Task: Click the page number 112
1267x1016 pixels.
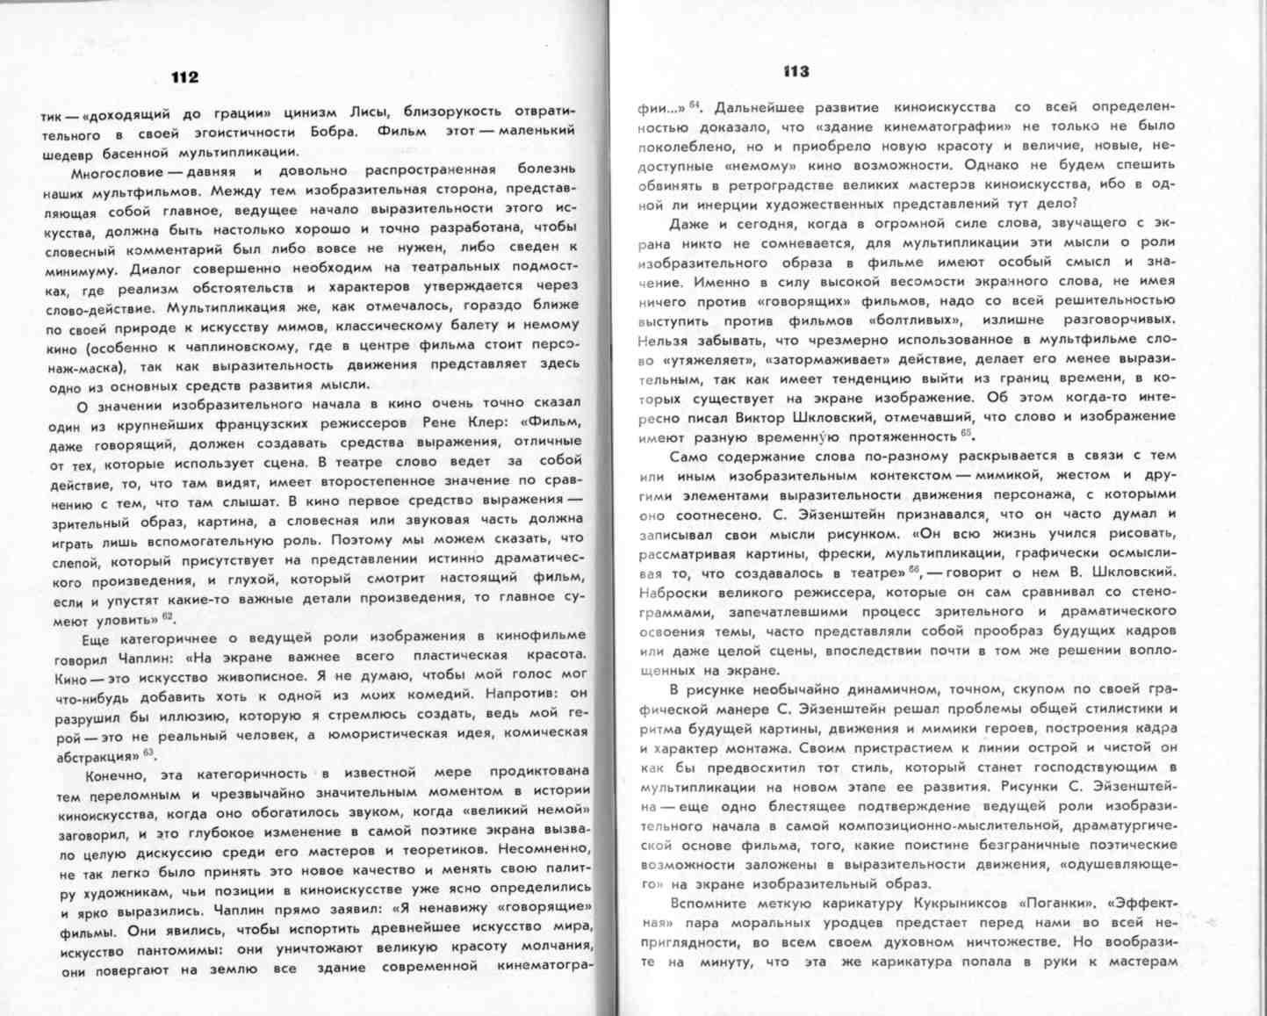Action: pos(184,77)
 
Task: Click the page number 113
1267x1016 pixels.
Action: pos(796,71)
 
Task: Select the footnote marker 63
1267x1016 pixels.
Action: pos(148,753)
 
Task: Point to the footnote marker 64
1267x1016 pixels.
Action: pos(694,104)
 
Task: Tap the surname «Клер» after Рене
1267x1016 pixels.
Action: pos(480,423)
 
